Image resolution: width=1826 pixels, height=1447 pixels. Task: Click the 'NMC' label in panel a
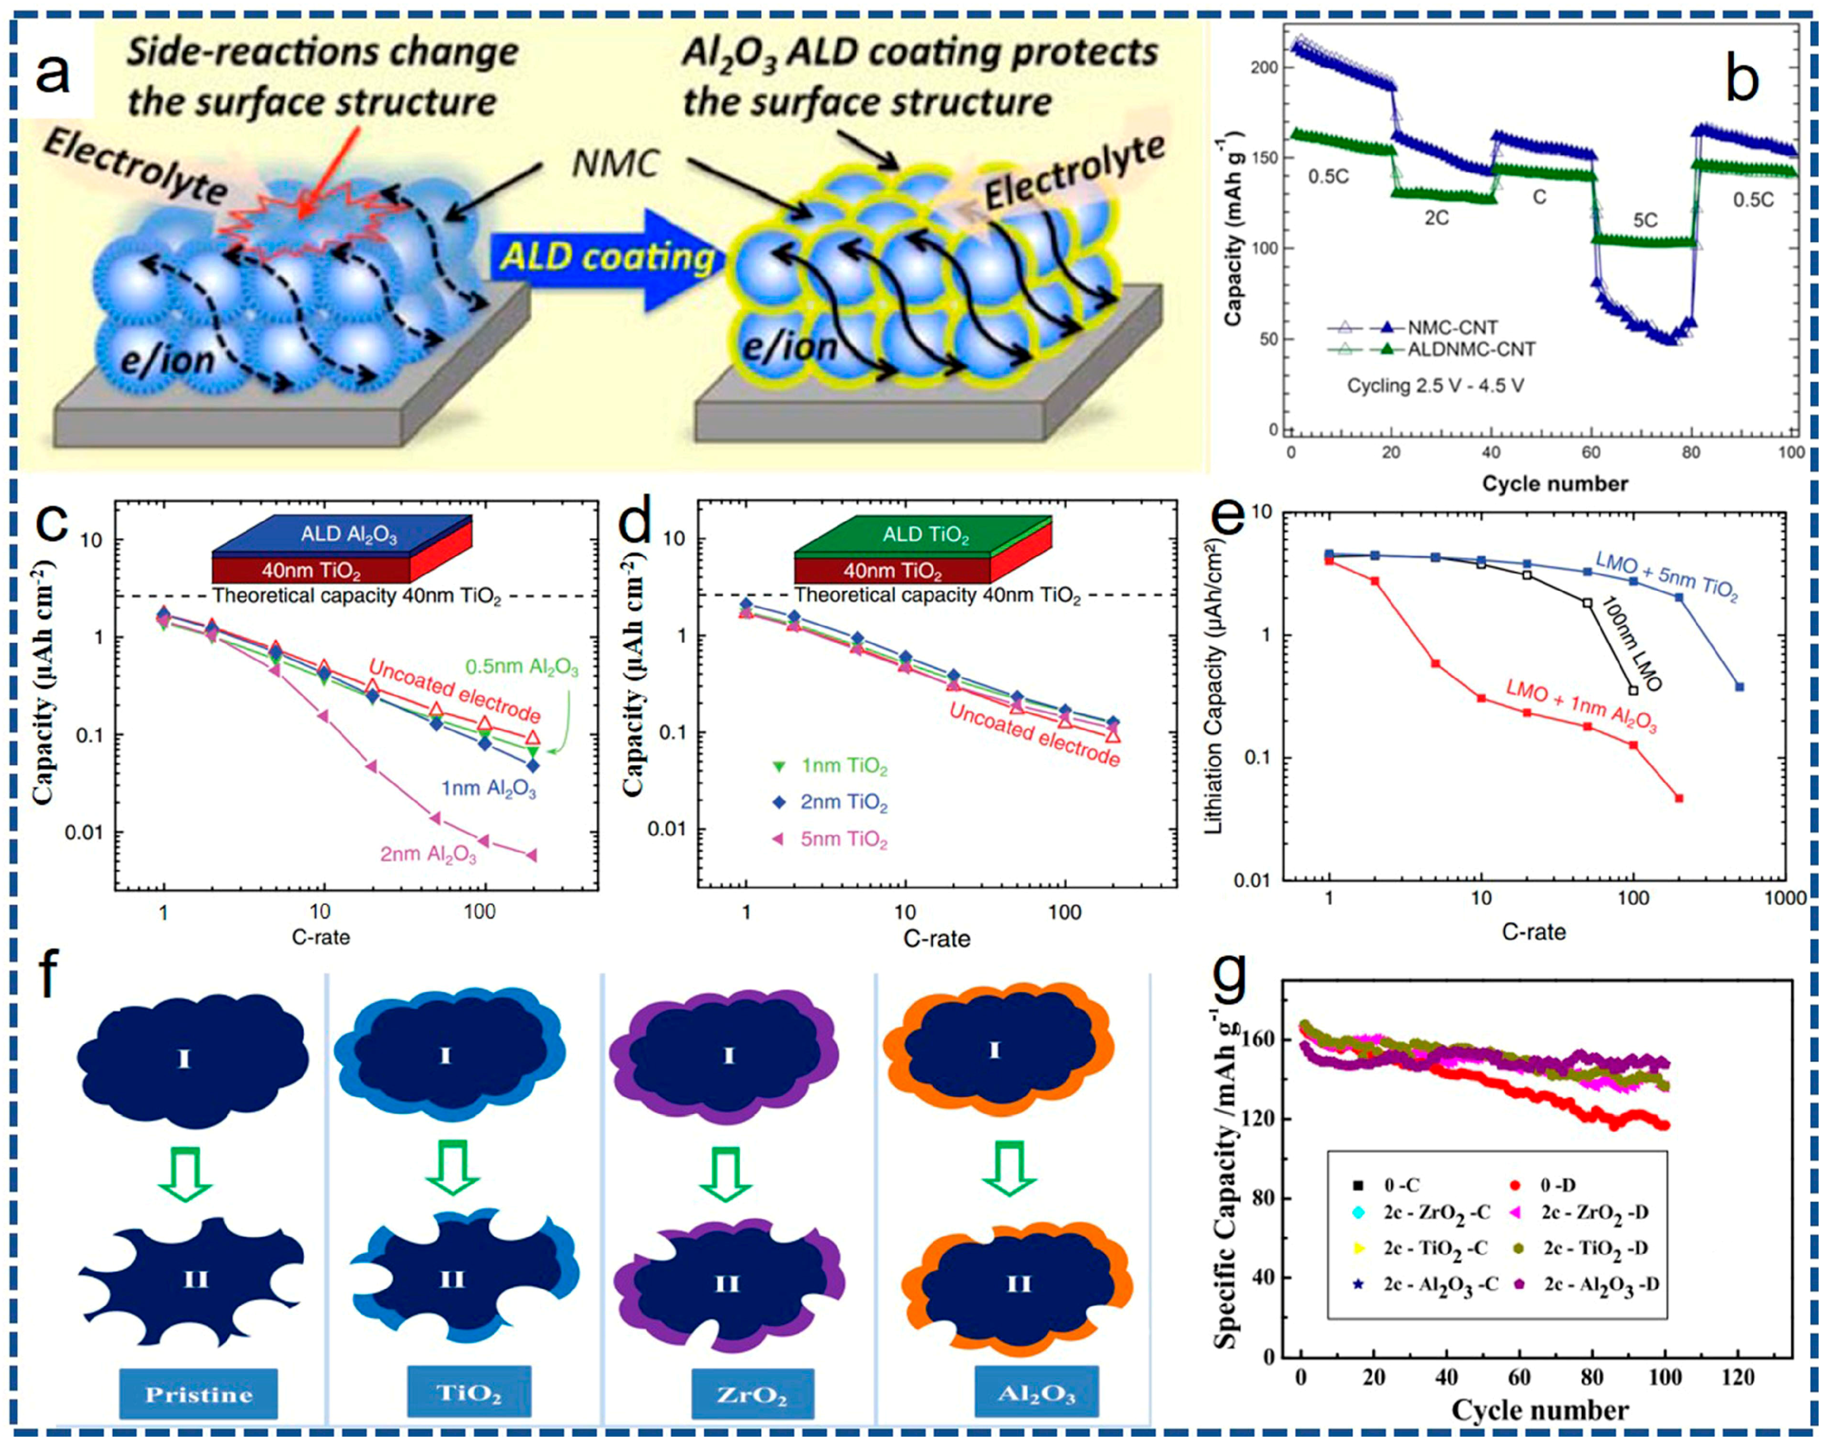click(615, 163)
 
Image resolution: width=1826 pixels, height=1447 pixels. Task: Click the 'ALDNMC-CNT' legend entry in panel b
click(1471, 349)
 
